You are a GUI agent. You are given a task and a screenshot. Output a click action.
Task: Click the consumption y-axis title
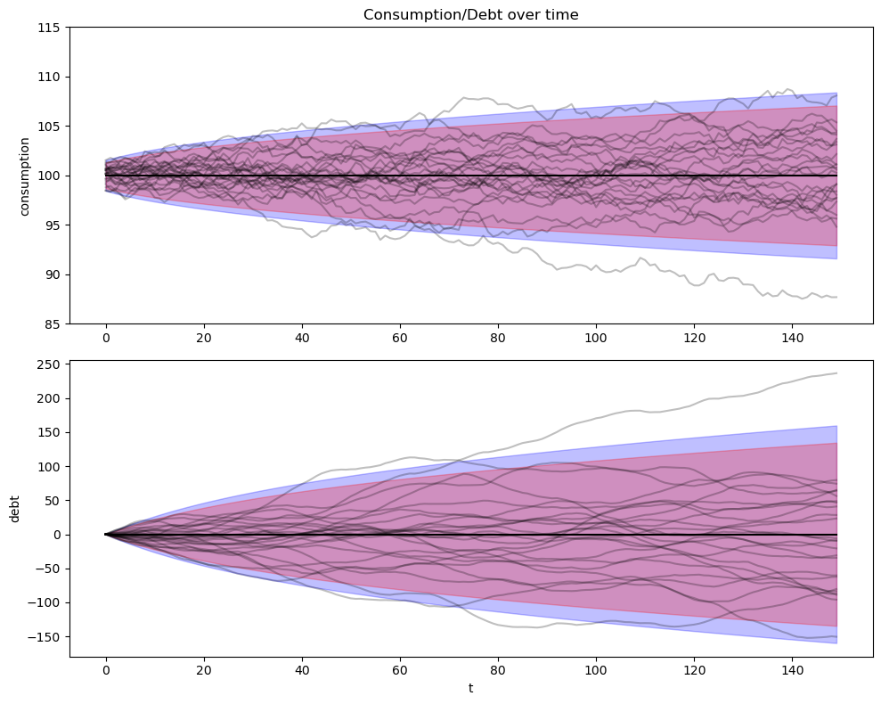click(25, 176)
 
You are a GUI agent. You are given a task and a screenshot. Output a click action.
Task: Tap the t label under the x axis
click(471, 688)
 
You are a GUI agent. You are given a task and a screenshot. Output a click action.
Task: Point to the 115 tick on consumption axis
click(49, 28)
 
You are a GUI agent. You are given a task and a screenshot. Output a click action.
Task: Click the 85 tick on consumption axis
click(53, 323)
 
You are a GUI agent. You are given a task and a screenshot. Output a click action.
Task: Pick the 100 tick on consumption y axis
click(49, 176)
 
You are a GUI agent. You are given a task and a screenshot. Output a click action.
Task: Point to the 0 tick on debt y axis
click(58, 535)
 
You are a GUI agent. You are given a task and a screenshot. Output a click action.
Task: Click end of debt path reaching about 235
click(836, 373)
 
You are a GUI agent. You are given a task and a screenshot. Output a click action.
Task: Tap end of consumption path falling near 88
click(836, 297)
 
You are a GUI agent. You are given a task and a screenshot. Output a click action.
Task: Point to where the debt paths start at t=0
click(106, 535)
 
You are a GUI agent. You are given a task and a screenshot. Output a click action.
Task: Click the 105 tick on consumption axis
click(49, 127)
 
